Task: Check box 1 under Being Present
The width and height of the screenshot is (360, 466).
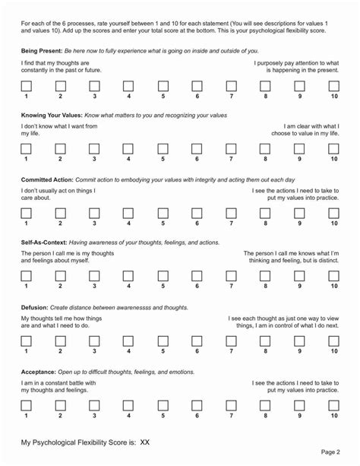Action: (26, 86)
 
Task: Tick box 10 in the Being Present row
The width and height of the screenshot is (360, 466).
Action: (334, 86)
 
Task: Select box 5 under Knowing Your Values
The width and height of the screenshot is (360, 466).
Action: (163, 149)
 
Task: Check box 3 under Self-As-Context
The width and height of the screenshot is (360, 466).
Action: (94, 276)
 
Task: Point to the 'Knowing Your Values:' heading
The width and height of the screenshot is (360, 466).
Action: (51, 114)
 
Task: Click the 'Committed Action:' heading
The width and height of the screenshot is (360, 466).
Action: (46, 178)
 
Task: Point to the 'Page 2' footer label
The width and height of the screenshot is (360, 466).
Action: (330, 452)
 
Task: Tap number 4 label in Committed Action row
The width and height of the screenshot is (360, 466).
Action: (128, 223)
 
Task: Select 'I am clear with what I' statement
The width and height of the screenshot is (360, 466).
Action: (311, 126)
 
